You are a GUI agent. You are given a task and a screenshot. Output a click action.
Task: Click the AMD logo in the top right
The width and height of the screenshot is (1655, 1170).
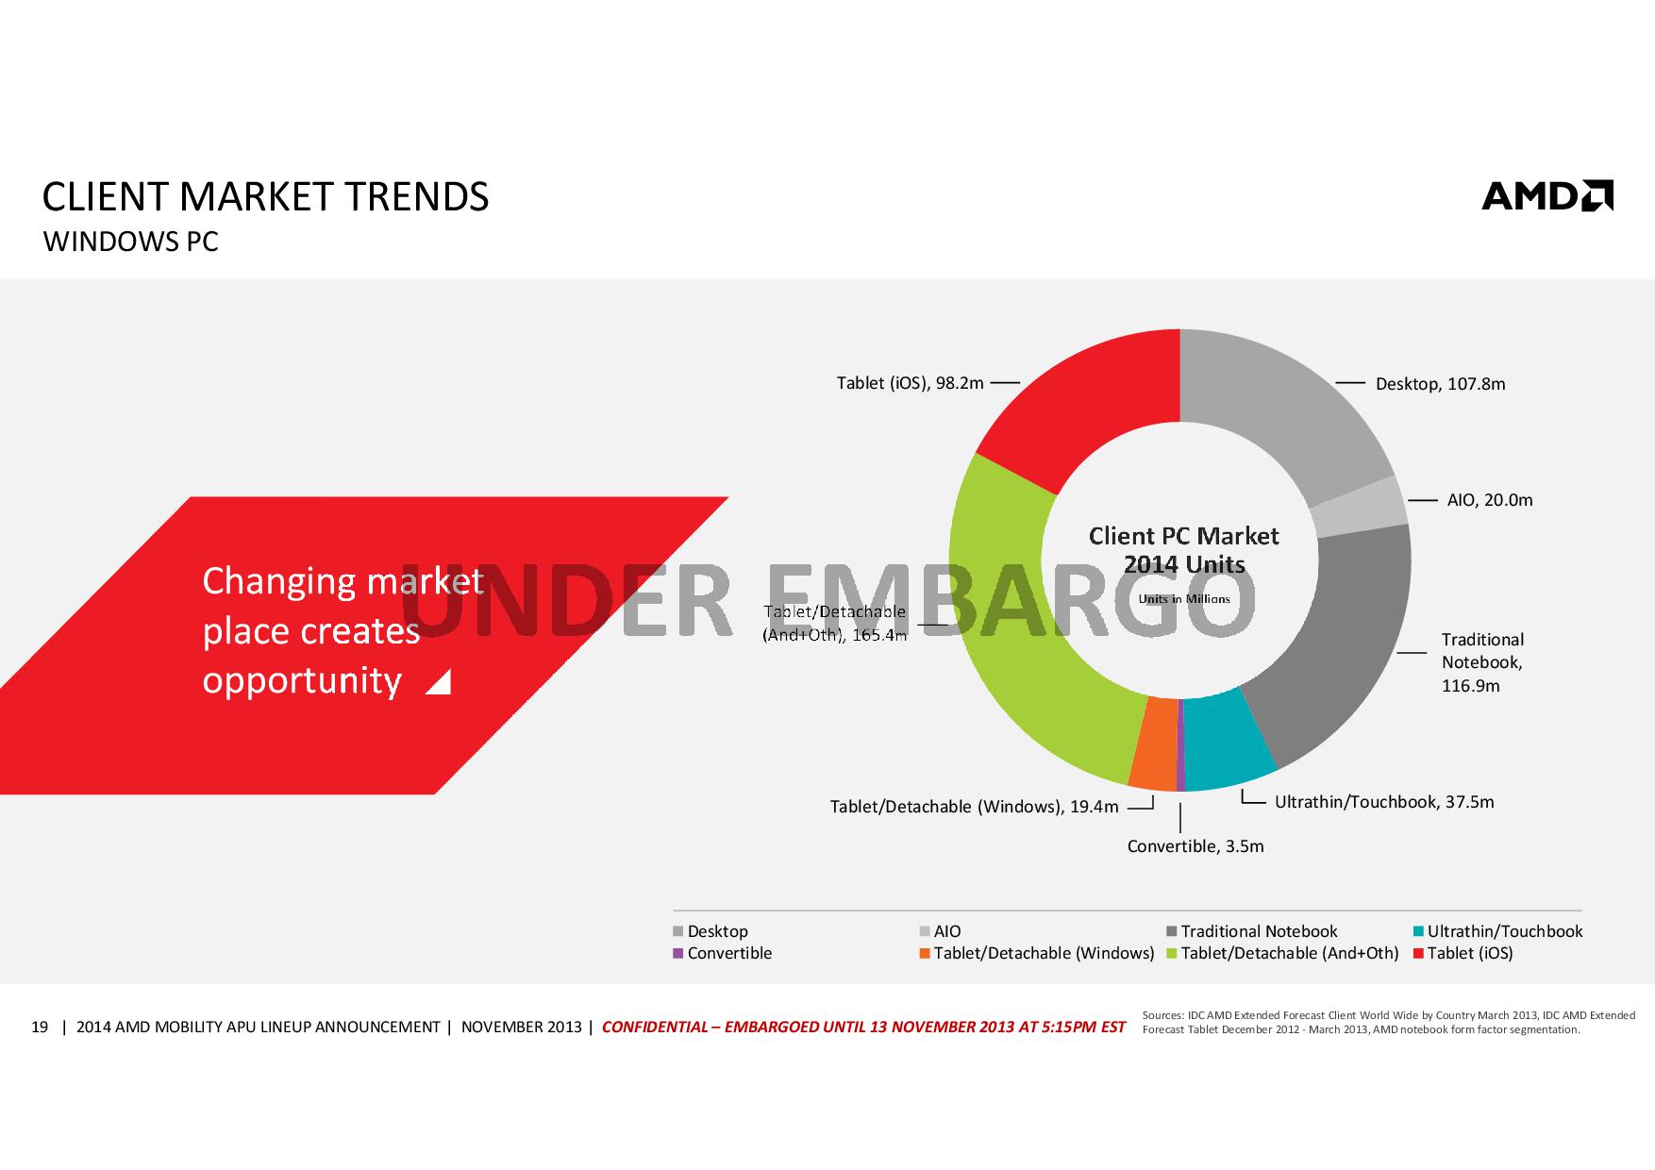(1546, 195)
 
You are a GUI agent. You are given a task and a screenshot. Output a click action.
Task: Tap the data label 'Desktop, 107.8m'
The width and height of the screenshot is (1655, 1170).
(1440, 384)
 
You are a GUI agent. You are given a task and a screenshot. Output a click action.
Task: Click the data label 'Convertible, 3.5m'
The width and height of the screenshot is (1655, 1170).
(1195, 846)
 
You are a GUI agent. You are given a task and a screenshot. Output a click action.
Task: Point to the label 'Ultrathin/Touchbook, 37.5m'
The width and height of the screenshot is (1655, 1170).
(1384, 802)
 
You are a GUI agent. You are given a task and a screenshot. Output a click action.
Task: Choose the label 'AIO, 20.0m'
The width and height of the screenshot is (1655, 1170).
(1490, 500)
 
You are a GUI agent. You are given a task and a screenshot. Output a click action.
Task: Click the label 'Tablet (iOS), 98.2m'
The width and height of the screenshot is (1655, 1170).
(910, 383)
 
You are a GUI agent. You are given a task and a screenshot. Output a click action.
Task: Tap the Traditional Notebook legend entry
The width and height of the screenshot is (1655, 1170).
(1258, 931)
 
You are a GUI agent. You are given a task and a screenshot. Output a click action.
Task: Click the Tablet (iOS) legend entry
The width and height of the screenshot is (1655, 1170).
(1469, 953)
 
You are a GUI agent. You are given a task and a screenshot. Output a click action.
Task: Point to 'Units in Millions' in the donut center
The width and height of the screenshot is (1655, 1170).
(1184, 599)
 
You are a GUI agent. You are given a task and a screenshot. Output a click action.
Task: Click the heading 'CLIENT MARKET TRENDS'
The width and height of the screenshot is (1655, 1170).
(266, 196)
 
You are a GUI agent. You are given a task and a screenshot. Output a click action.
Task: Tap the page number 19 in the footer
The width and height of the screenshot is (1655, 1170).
(40, 1027)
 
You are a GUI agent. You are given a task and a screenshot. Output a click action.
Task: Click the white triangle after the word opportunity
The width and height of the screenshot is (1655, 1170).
(439, 683)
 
